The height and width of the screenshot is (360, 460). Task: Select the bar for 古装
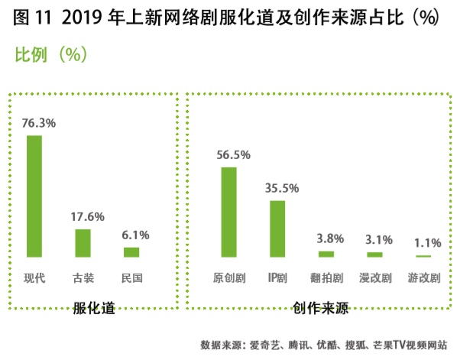[83, 243]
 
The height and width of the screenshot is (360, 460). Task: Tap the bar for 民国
[131, 252]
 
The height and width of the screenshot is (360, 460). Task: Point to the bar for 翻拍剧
[326, 254]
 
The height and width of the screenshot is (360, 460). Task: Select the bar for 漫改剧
[374, 255]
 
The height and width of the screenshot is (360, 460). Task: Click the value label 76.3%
[37, 122]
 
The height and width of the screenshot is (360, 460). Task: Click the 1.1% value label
[426, 242]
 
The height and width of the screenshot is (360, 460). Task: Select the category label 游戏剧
[424, 277]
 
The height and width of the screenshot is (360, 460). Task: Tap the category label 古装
[83, 277]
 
